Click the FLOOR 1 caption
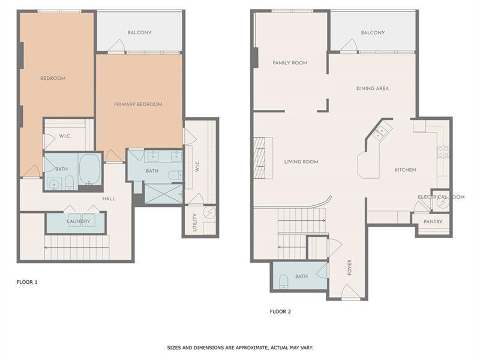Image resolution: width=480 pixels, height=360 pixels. (x=27, y=281)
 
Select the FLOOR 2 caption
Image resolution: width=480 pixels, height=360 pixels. (x=280, y=311)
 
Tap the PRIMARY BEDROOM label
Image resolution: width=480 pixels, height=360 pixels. (x=138, y=104)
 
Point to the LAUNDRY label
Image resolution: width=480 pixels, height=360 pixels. (x=78, y=221)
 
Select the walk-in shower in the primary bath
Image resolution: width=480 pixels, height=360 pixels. (x=163, y=193)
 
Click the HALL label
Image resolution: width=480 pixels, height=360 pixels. (x=109, y=199)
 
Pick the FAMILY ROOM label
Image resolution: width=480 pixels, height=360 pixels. (x=290, y=62)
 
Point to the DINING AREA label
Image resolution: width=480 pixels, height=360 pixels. (x=373, y=88)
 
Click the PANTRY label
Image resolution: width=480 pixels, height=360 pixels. (x=433, y=222)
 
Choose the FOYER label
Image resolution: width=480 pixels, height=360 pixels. (x=349, y=268)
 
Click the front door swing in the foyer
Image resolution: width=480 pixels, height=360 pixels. (x=351, y=292)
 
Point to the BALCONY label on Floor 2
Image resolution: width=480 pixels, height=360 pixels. (x=373, y=32)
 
